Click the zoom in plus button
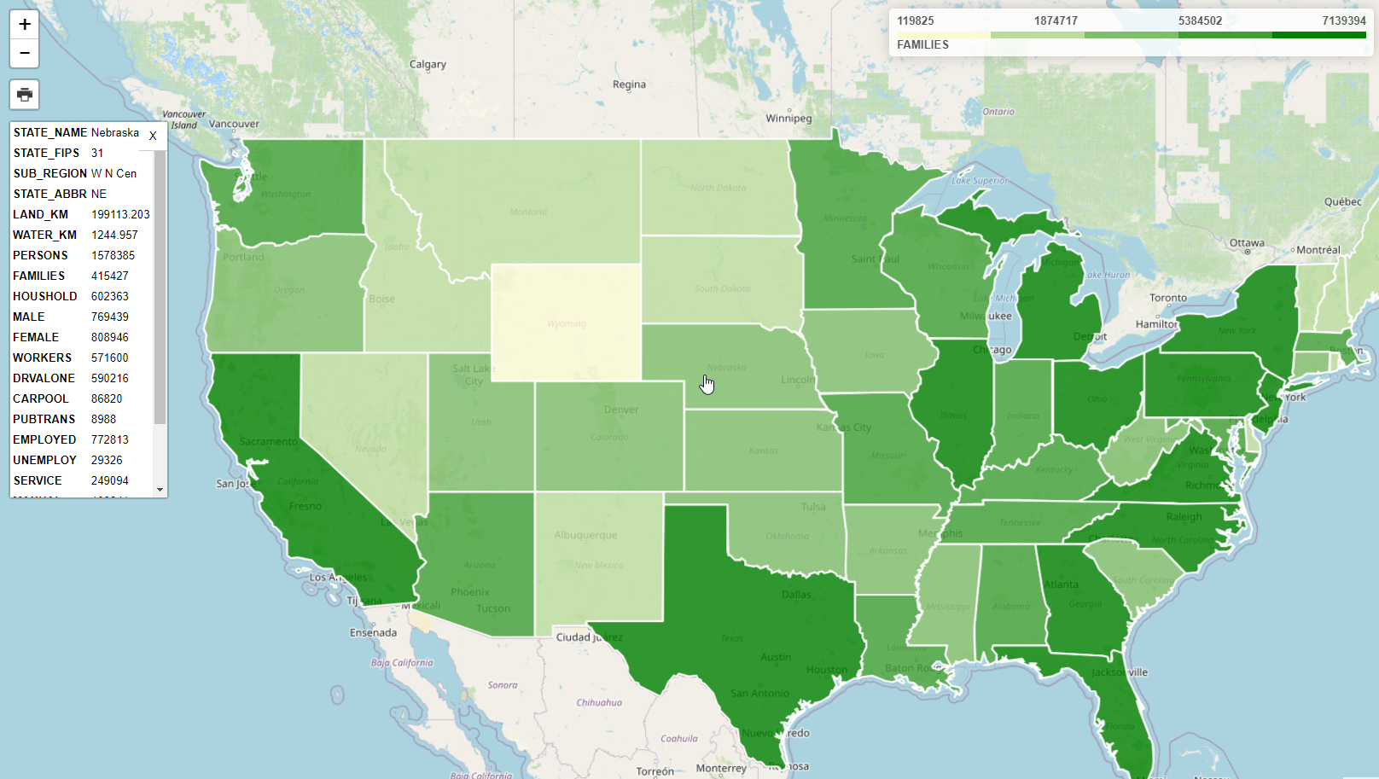point(25,25)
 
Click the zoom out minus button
point(25,53)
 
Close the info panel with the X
point(153,136)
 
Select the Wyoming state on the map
point(567,322)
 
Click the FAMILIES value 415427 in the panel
point(110,276)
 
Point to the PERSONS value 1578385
point(113,255)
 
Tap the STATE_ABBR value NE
point(99,194)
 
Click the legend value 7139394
point(1343,20)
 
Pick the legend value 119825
point(916,20)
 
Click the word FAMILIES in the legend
point(922,44)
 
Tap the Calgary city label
point(428,64)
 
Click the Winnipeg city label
point(788,118)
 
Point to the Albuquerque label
point(585,535)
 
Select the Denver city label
point(621,410)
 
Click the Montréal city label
point(1318,250)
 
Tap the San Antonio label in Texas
point(759,693)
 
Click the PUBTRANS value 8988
point(103,419)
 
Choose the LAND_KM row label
point(40,214)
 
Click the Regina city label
point(629,84)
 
